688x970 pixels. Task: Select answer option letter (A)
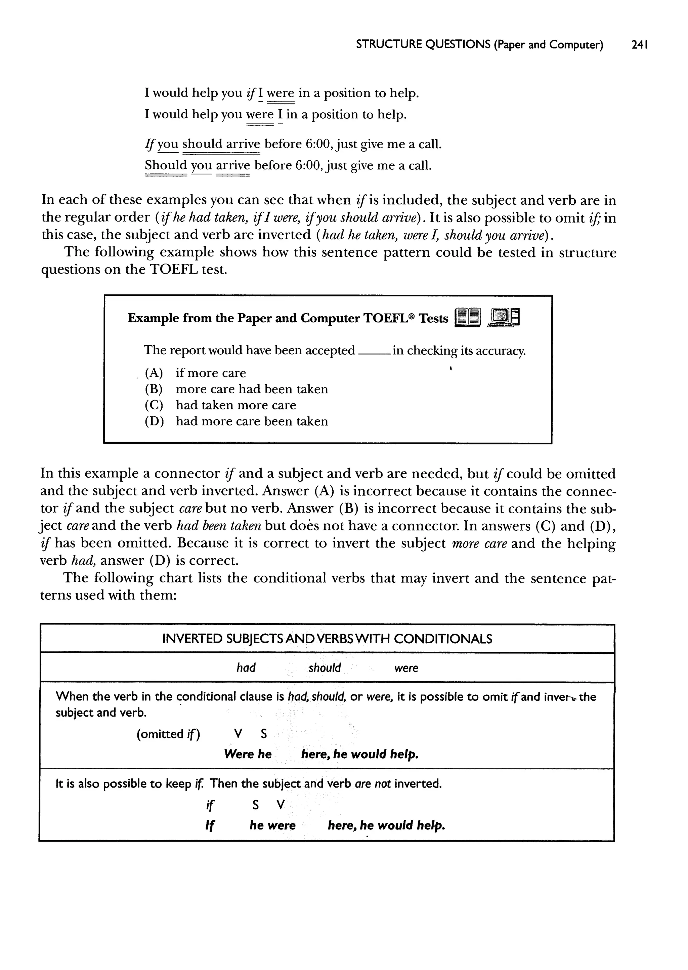click(154, 373)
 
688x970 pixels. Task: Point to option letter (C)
click(154, 405)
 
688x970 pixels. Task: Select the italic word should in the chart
click(325, 668)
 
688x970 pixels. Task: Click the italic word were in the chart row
click(406, 668)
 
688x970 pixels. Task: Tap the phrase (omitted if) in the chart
click(168, 734)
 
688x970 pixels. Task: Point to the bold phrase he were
click(272, 825)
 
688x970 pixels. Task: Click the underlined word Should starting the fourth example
click(166, 165)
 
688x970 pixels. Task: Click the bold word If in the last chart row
click(210, 825)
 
